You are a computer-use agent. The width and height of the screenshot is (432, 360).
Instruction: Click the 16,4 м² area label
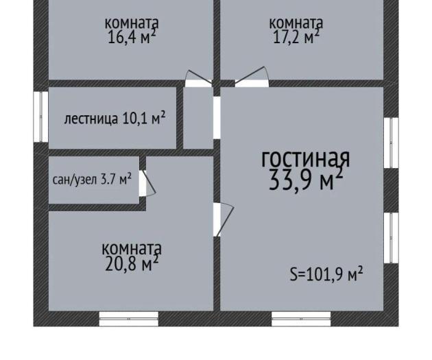pos(132,37)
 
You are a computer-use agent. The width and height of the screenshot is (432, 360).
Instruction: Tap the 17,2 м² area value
pos(296,37)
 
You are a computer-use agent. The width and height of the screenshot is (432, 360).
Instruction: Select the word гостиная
pos(306,159)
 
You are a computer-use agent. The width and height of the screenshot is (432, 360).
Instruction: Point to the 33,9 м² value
pos(306,179)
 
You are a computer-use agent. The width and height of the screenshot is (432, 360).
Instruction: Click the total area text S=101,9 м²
pos(326,274)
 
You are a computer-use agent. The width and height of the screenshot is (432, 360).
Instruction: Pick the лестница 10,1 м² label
pos(115,119)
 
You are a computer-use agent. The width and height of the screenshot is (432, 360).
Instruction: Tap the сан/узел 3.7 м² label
pos(92,179)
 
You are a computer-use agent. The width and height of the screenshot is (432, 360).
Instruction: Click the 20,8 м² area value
pos(132,263)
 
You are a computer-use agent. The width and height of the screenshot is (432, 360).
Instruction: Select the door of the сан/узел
pos(147,183)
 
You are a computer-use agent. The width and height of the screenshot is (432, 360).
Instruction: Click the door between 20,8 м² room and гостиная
pos(223,219)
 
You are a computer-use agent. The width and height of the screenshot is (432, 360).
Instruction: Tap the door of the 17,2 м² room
pos(252,77)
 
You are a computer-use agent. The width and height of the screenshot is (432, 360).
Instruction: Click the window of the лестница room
pos(40,117)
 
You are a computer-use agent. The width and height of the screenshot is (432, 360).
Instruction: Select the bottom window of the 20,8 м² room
pos(129,319)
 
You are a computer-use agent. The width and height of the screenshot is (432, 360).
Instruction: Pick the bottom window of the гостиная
pos(301,319)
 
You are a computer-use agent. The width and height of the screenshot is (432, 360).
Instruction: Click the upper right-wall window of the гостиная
pos(392,143)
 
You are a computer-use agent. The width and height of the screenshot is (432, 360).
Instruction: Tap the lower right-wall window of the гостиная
pos(392,238)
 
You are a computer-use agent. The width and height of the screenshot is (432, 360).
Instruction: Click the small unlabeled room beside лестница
pos(198,118)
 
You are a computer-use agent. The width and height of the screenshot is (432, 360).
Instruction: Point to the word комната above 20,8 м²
pos(132,248)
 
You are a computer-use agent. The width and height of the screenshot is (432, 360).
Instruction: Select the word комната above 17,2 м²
pos(296,23)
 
